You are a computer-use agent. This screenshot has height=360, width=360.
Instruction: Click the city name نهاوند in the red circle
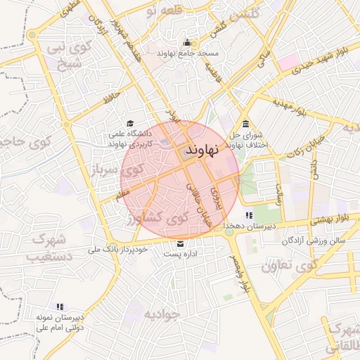pos(203,150)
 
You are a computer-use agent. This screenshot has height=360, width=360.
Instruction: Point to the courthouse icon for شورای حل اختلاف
pos(245,124)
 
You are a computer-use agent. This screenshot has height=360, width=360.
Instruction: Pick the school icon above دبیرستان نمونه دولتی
pos(60,307)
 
